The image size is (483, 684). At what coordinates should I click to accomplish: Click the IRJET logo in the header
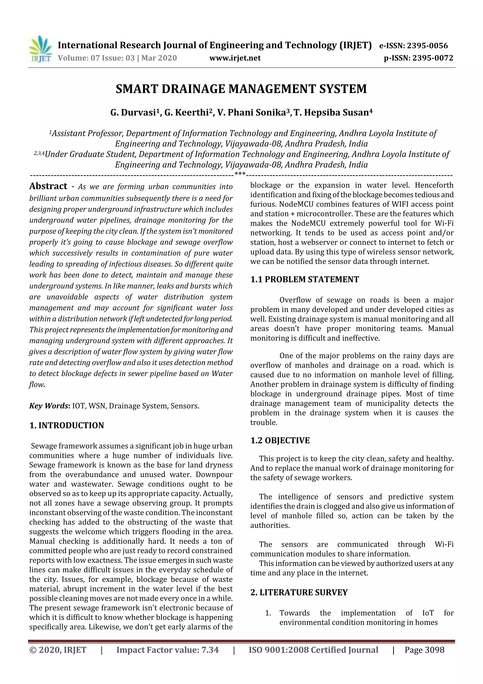coord(40,49)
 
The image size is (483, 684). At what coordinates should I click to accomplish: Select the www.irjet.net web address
coord(235,58)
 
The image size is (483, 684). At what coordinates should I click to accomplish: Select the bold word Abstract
coord(48,186)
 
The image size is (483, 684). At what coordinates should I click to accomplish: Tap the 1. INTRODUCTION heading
coord(67,425)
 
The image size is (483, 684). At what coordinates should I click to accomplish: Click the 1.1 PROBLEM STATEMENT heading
coord(304,280)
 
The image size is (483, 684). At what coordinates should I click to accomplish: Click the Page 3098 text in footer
coord(424,650)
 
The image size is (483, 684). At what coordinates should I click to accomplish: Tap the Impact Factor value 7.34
coord(210,650)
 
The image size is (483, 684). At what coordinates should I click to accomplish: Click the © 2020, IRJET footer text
coord(58,650)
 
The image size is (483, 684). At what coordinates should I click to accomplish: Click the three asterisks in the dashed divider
coord(240,174)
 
